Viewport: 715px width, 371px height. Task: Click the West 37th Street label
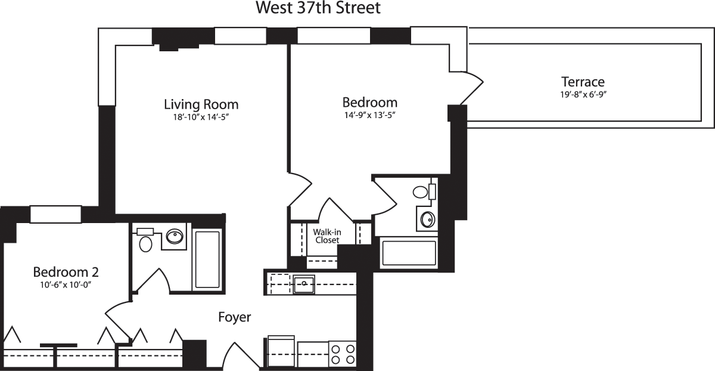tap(318, 8)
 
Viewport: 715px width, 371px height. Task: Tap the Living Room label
tap(201, 104)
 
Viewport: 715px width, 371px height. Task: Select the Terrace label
tap(583, 82)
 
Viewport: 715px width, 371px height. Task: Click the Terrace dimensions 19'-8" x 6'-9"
tap(583, 94)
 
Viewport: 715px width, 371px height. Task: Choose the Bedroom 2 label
tap(66, 272)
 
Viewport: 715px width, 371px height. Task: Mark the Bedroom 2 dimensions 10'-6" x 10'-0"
tap(66, 285)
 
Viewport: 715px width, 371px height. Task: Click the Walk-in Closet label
tap(327, 235)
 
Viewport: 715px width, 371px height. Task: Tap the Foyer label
tap(234, 317)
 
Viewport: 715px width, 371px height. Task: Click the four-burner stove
tap(343, 353)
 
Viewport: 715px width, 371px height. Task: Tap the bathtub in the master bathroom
tap(408, 253)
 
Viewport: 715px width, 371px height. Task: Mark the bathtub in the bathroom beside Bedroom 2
tap(207, 259)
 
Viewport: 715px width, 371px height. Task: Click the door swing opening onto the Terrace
tap(471, 89)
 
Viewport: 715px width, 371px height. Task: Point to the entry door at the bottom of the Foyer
tap(241, 355)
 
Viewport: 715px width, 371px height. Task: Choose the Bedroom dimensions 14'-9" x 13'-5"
tap(369, 115)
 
